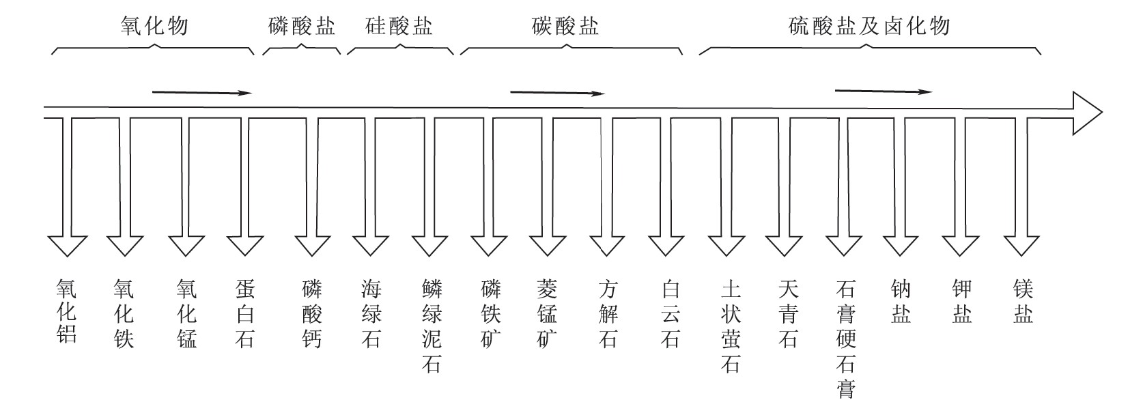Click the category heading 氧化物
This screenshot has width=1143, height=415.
[x=154, y=26]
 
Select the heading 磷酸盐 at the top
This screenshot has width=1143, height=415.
[x=302, y=26]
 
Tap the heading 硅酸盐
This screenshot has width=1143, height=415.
[x=399, y=26]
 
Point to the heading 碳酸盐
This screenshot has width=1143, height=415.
[x=565, y=26]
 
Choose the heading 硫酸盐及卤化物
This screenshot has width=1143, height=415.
[x=869, y=26]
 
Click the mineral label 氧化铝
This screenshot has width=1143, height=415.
[x=67, y=311]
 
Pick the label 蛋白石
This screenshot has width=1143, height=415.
[x=245, y=313]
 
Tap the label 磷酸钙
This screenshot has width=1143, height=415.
[x=312, y=313]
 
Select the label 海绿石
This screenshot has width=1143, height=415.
[x=371, y=313]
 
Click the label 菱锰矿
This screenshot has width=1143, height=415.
[x=547, y=313]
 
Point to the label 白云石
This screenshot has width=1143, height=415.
[x=671, y=313]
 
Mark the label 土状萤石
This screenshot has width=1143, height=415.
[x=731, y=326]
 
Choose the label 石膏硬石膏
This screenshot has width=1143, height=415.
[x=845, y=339]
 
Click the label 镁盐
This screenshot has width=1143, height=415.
[x=1023, y=301]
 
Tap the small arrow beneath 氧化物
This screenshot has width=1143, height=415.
[x=202, y=93]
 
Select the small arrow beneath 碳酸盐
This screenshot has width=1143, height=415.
[x=558, y=93]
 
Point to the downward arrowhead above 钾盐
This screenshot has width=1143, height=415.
[x=960, y=246]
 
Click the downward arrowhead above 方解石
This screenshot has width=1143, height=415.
[x=607, y=246]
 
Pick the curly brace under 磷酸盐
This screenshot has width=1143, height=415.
[x=302, y=48]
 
